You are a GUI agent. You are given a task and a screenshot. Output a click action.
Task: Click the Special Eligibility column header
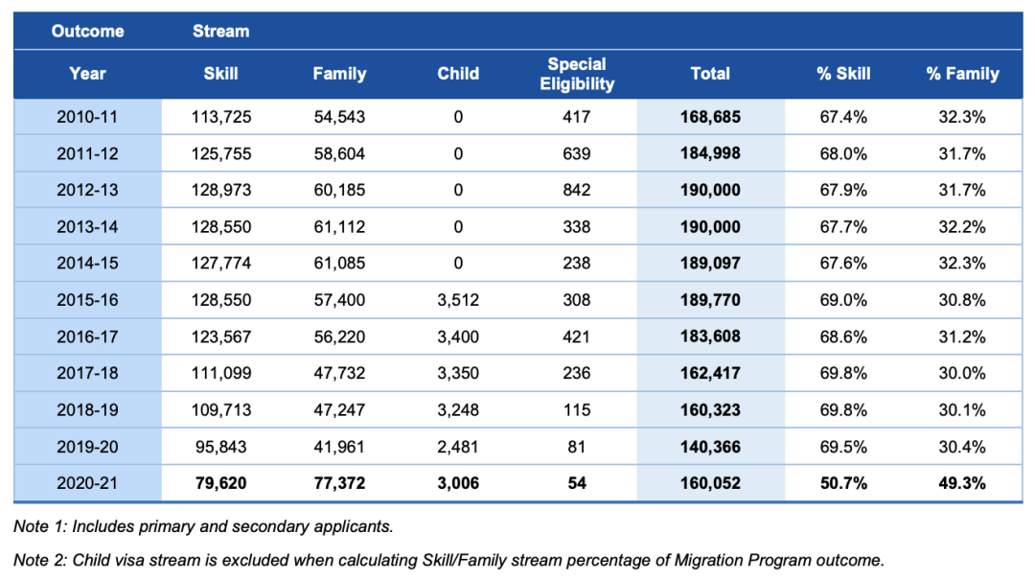tap(577, 74)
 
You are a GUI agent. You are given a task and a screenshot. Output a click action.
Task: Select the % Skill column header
tap(843, 74)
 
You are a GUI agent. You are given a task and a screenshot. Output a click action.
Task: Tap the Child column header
tap(458, 74)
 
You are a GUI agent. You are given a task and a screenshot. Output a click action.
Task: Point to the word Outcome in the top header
tap(88, 31)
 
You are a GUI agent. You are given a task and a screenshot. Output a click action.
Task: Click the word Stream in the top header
tap(221, 31)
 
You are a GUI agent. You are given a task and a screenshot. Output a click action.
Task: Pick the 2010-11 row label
tap(87, 117)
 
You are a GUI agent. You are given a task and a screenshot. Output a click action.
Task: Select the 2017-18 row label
tap(87, 373)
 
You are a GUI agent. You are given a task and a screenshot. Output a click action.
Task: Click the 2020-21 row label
tap(87, 483)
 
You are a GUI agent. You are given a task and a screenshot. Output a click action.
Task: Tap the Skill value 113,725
tap(221, 117)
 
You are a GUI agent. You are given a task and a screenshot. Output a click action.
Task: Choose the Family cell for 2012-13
tap(339, 190)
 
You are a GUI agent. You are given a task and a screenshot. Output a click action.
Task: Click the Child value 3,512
tap(458, 300)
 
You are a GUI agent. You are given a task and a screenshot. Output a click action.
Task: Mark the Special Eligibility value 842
tap(577, 190)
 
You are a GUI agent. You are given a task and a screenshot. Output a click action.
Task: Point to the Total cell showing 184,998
tap(710, 154)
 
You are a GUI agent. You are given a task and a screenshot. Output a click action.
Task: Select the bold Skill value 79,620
tap(221, 483)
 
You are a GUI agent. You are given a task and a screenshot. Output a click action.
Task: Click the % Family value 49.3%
tap(962, 483)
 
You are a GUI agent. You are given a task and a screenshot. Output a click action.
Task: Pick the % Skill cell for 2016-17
tap(843, 336)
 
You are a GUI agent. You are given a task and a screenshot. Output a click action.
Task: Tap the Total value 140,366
tap(710, 447)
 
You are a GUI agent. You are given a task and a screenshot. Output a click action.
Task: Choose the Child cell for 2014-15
tap(458, 264)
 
